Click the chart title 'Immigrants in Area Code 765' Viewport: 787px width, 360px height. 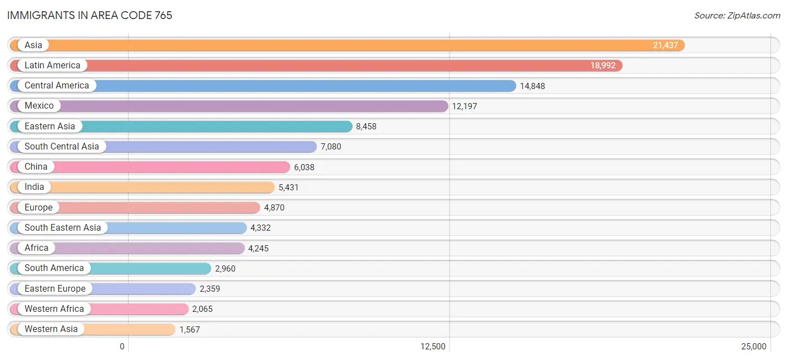pos(90,15)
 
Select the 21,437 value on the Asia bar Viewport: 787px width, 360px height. pos(665,45)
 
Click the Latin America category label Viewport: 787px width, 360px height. pos(52,66)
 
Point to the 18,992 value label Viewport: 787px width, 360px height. pos(602,66)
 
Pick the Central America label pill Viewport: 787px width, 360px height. pos(57,86)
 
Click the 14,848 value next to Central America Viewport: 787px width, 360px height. pos(532,86)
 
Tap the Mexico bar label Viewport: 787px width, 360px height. pos(39,106)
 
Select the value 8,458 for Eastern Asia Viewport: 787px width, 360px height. pos(366,127)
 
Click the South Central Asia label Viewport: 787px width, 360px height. pos(62,147)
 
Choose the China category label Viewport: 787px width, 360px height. pos(36,167)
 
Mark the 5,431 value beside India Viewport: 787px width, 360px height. pos(288,188)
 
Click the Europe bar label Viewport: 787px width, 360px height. pos(39,208)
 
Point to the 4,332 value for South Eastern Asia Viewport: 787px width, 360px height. pos(260,228)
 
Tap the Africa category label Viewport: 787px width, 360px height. pos(36,248)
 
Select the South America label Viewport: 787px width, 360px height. pos(54,268)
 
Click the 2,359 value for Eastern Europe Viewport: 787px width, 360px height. pos(210,289)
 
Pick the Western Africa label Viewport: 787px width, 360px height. pos(54,309)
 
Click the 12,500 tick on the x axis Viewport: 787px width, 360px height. pos(433,347)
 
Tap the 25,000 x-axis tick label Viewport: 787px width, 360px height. pos(754,347)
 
